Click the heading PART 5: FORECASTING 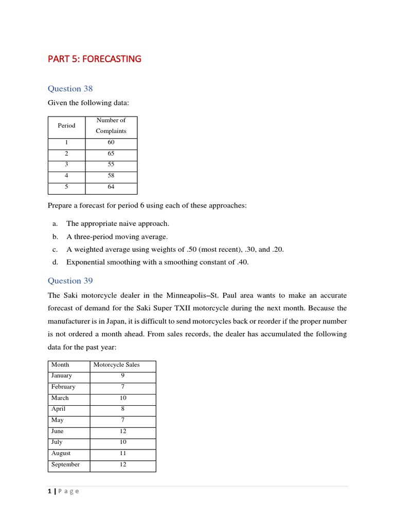[94, 59]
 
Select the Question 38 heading [70, 88]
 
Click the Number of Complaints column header [111, 125]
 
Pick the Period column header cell [66, 125]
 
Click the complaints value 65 [111, 154]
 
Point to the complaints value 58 [111, 176]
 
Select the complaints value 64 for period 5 [111, 187]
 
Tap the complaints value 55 [111, 164]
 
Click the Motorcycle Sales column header [116, 365]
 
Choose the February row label [63, 387]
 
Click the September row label [65, 464]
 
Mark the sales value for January [122, 375]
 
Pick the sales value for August [122, 453]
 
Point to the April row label [58, 409]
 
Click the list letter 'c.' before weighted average [55, 249]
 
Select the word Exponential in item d [85, 262]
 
